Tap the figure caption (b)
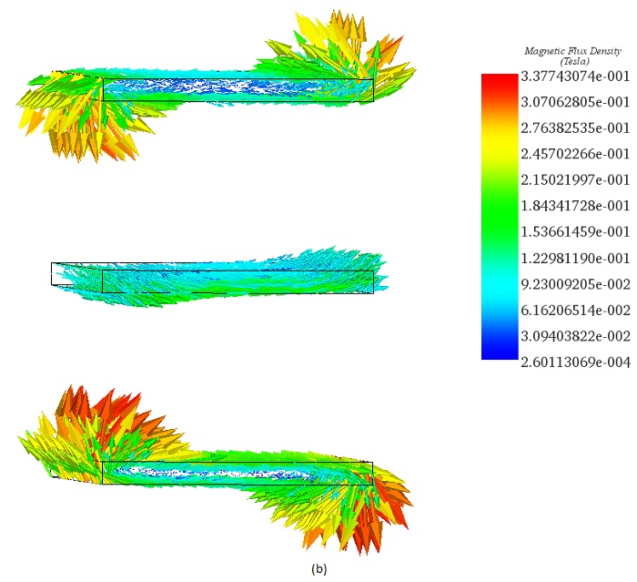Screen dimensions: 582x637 point(318,569)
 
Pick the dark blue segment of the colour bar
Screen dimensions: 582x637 point(499,350)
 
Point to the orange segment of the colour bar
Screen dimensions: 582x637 point(499,114)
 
